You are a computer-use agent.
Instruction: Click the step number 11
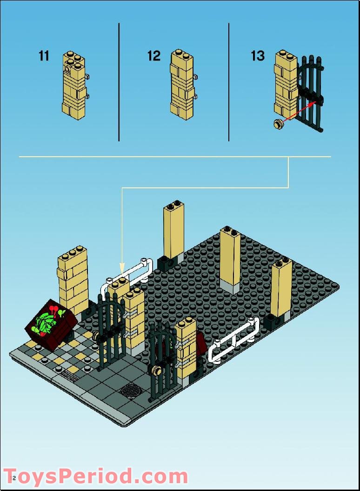pyautogui.click(x=44, y=56)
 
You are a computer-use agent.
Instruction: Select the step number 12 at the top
pyautogui.click(x=153, y=56)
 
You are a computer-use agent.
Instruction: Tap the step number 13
pyautogui.click(x=258, y=56)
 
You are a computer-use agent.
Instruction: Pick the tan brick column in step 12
pyautogui.click(x=182, y=85)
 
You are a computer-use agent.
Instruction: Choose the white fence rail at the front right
pyautogui.click(x=233, y=339)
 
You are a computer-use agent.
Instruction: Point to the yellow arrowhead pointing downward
pyautogui.click(x=122, y=268)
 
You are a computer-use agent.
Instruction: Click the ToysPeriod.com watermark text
pyautogui.click(x=96, y=477)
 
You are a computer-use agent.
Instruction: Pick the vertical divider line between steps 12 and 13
pyautogui.click(x=228, y=82)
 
